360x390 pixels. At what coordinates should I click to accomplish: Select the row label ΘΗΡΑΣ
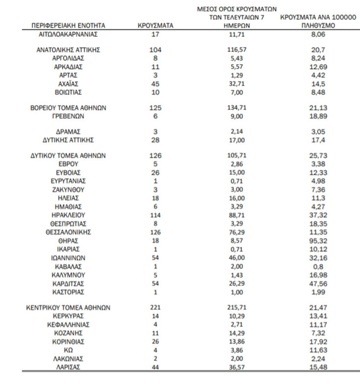coord(68,241)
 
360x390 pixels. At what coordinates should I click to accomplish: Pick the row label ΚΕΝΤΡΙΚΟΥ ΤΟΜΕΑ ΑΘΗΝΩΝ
coord(68,308)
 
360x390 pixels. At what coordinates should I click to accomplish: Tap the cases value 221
coord(155,308)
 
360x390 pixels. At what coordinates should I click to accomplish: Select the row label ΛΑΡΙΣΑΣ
coord(68,367)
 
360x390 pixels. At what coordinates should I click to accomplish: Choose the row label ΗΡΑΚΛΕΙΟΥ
coord(68,215)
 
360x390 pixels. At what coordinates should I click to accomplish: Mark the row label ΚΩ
coord(68,350)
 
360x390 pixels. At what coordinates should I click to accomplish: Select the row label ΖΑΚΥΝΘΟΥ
coord(68,189)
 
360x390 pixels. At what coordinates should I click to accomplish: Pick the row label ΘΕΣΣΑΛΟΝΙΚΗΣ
coord(68,232)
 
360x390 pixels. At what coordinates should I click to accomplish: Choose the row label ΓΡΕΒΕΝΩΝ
coord(68,116)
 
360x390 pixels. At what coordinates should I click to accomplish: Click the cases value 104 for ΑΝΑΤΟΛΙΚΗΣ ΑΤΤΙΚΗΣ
coord(155,50)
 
